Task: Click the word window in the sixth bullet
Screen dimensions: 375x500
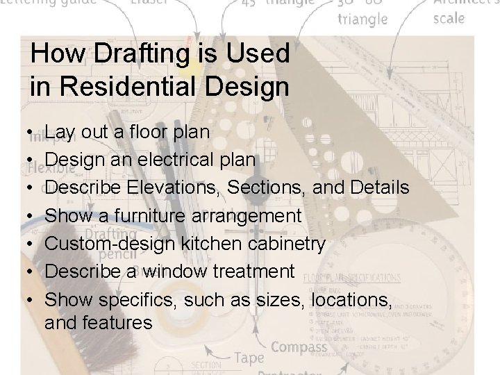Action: point(174,272)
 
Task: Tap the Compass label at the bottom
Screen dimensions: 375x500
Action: point(300,346)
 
